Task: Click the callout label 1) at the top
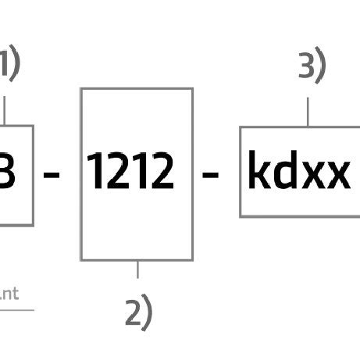9,64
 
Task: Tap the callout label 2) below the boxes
138,312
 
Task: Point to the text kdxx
298,172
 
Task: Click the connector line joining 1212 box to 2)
137,269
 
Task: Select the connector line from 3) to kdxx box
308,111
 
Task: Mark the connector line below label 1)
5,110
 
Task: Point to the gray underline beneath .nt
16,310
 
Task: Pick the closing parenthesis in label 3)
320,67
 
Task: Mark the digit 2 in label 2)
134,312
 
